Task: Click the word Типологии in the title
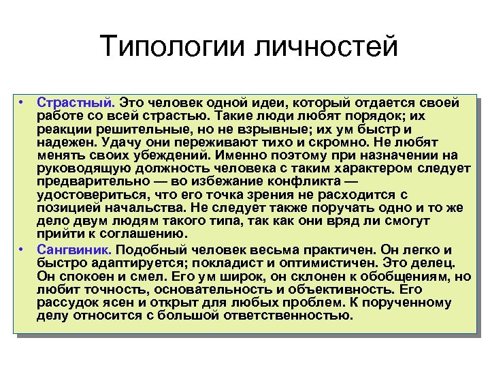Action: click(172, 48)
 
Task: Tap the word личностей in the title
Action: click(325, 48)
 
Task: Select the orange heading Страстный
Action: click(76, 103)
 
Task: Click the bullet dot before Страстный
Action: click(22, 103)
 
